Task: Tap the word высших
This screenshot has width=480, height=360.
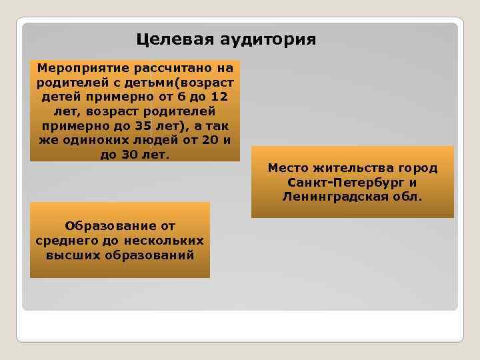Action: click(x=71, y=255)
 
